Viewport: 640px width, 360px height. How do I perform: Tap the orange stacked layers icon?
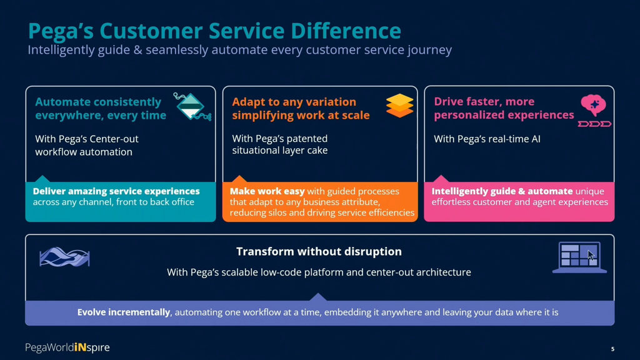[399, 106]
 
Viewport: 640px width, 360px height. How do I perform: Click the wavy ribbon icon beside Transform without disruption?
[64, 257]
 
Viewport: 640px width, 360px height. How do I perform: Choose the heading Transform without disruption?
[319, 252]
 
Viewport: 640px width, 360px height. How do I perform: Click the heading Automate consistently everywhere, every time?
[100, 108]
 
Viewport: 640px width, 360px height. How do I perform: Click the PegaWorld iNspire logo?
[67, 347]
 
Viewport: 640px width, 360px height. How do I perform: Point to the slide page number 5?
[612, 348]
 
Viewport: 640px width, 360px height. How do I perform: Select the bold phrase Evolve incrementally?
[124, 312]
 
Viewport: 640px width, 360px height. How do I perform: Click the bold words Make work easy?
[267, 191]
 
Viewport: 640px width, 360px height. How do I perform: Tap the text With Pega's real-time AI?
[487, 139]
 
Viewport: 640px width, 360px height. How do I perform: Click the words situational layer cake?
[279, 151]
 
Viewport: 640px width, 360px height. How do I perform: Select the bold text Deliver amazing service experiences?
[116, 191]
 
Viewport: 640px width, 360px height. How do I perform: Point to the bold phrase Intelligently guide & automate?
[502, 191]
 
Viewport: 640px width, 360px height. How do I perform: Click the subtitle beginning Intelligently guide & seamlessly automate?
[239, 50]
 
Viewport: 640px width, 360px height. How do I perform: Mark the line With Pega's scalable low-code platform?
[319, 272]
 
